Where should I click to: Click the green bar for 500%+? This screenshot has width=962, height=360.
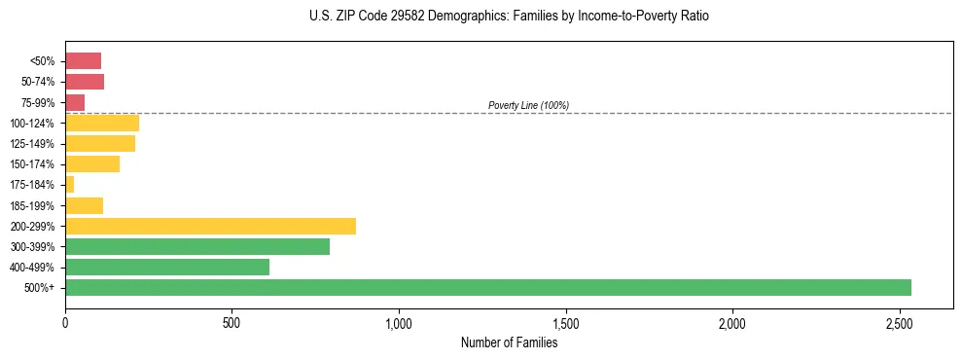coord(487,287)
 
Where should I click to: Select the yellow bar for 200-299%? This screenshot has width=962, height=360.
coord(210,226)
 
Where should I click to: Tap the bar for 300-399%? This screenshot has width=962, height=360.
coord(197,246)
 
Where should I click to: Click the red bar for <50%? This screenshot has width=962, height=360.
coord(84,60)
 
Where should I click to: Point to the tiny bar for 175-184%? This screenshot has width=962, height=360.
coord(70,184)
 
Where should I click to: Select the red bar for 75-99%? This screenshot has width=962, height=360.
coord(75,102)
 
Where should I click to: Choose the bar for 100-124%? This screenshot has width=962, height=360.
coord(102,123)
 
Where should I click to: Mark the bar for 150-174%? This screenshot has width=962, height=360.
coord(92,163)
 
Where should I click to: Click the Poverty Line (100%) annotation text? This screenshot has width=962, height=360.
coord(528,105)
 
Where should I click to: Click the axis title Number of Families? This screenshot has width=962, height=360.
coord(509,342)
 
